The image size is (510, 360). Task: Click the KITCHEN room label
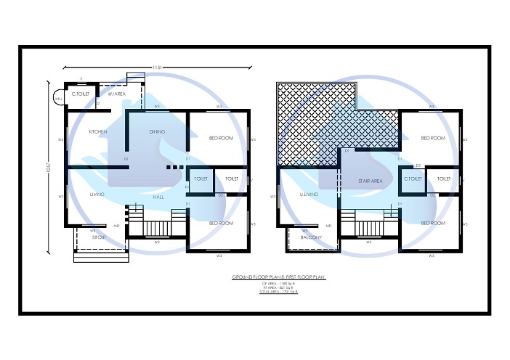coord(98,131)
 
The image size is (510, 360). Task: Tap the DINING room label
coord(157,131)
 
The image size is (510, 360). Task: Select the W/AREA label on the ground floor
coord(118,94)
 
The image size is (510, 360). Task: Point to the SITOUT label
coord(99,237)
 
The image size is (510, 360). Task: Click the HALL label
coord(159,197)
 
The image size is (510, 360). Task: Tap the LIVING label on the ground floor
coord(97,195)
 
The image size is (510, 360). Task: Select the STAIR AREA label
coord(370,181)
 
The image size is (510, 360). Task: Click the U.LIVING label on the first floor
coord(309,195)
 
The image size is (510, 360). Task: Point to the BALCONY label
coord(310,237)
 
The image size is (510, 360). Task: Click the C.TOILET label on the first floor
coord(413,179)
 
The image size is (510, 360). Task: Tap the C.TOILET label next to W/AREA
coord(79,94)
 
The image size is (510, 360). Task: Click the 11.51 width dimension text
coord(157,67)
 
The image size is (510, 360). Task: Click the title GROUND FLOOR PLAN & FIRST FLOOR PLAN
coord(278,277)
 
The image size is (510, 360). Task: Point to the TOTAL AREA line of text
coord(278,290)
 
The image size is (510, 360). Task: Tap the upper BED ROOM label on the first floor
coord(433,137)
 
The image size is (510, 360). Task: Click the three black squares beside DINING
coord(171,168)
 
